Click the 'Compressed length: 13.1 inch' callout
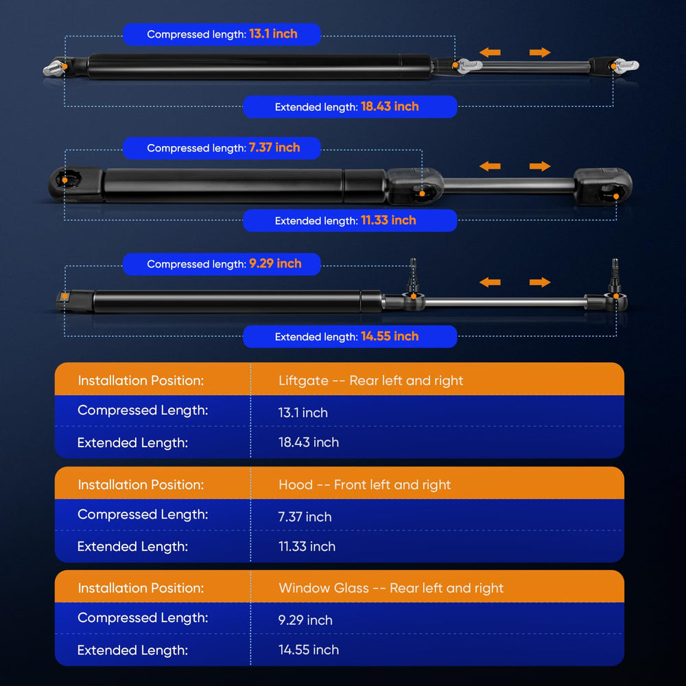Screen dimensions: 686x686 click(222, 34)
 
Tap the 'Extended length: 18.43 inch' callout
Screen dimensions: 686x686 click(350, 107)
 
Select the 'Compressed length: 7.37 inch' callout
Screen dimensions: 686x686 click(222, 148)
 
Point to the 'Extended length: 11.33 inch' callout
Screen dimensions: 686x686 click(350, 220)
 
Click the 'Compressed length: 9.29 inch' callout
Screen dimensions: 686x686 click(222, 264)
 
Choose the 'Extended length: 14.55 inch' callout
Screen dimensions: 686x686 click(350, 336)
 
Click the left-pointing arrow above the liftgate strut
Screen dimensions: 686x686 click(490, 53)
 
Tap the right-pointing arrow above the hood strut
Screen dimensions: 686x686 click(540, 166)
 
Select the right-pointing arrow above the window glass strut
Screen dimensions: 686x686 click(540, 282)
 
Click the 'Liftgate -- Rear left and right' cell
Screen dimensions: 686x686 click(370, 381)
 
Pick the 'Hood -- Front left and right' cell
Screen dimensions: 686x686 click(364, 485)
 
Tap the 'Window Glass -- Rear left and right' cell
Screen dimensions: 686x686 click(391, 588)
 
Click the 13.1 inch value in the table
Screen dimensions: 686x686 click(303, 412)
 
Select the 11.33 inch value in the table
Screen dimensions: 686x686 click(307, 547)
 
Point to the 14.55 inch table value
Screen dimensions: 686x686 click(309, 650)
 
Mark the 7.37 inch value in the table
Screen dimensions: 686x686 click(305, 517)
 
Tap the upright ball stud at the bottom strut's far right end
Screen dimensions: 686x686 click(615, 276)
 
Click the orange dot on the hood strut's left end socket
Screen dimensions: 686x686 click(64, 180)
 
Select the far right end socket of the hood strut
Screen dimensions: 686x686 click(604, 185)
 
